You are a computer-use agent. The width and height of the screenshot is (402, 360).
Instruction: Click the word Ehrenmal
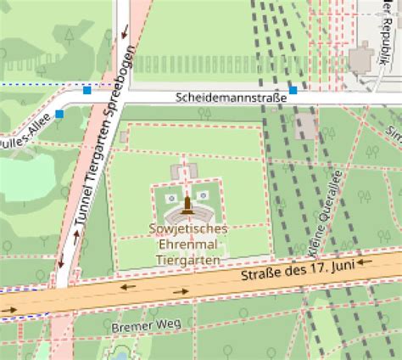click(186, 245)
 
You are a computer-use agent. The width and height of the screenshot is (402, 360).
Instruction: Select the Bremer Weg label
click(135, 325)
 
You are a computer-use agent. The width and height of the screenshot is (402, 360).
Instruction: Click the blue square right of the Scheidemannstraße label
click(293, 90)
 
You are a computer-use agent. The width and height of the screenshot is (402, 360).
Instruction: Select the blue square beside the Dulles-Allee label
click(59, 114)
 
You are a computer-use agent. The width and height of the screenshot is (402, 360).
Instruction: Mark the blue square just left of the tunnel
click(87, 89)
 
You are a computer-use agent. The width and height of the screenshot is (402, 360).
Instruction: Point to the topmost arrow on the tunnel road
click(125, 34)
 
